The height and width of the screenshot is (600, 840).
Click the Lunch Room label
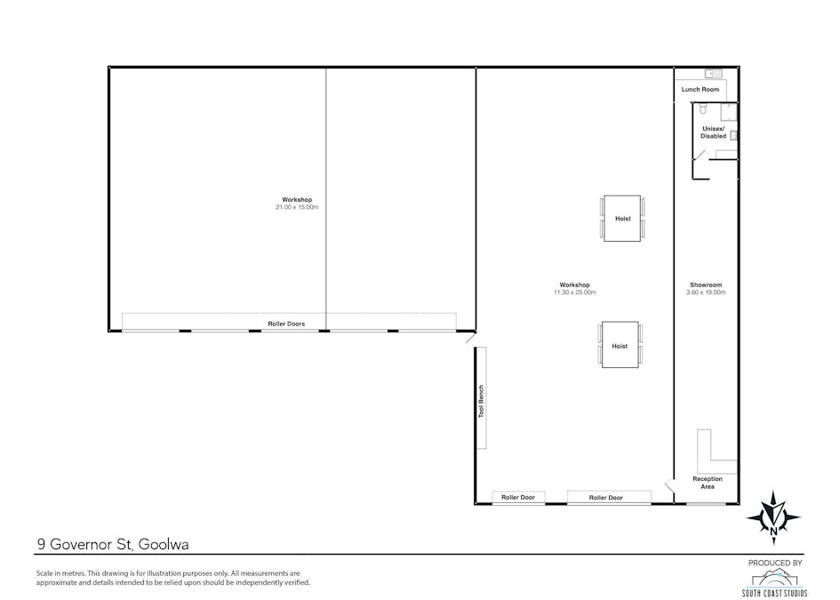click(x=700, y=90)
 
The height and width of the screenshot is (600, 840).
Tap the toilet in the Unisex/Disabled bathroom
click(x=702, y=109)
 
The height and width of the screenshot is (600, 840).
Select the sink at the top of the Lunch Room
click(x=714, y=74)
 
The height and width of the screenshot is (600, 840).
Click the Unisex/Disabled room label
click(x=714, y=132)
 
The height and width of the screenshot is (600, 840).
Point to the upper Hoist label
click(x=622, y=219)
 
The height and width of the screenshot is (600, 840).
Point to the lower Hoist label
click(x=620, y=346)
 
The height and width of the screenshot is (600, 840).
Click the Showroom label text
click(x=706, y=285)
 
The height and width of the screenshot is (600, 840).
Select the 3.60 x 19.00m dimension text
click(x=706, y=292)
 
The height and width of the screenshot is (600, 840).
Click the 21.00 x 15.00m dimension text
click(x=297, y=207)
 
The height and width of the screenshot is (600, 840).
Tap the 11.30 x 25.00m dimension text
click(x=575, y=292)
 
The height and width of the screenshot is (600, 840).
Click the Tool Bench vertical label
click(x=481, y=401)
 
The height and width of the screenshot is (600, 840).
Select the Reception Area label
click(x=708, y=483)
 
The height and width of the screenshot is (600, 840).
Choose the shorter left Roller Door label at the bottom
click(x=518, y=498)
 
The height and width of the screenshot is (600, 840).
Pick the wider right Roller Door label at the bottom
click(x=606, y=498)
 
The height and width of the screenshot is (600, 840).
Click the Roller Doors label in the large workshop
click(x=286, y=324)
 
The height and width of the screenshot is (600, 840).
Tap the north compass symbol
click(x=772, y=516)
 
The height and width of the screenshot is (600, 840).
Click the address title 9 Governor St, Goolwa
click(x=112, y=544)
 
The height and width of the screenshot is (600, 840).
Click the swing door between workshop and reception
click(x=668, y=484)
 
